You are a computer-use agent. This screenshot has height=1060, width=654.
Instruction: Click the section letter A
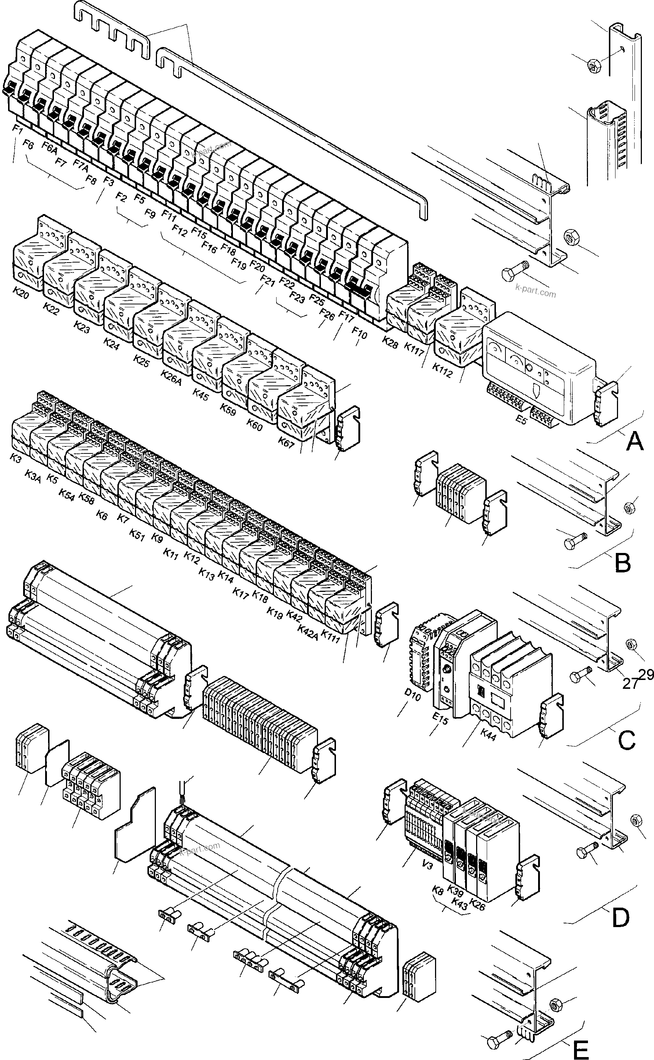pos(635,441)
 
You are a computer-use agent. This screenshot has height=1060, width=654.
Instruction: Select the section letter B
pos(622,563)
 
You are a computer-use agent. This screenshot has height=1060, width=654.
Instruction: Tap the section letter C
pos(627,741)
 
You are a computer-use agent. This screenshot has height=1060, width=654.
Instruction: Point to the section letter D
pos(620,918)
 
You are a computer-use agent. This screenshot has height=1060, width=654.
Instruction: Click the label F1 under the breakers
pos(17,129)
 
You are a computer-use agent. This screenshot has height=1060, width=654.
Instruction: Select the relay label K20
pos(21,293)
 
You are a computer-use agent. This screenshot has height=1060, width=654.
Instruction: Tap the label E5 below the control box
pos(521,419)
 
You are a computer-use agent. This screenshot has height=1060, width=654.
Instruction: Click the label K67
pos(286,442)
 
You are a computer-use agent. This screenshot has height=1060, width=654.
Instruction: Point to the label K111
pos(330,637)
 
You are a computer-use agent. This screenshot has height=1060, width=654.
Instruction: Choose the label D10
pos(412,692)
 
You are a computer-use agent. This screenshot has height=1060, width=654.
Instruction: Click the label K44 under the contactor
pos(488,735)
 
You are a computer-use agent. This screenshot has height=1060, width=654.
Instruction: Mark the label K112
pos(442,370)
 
